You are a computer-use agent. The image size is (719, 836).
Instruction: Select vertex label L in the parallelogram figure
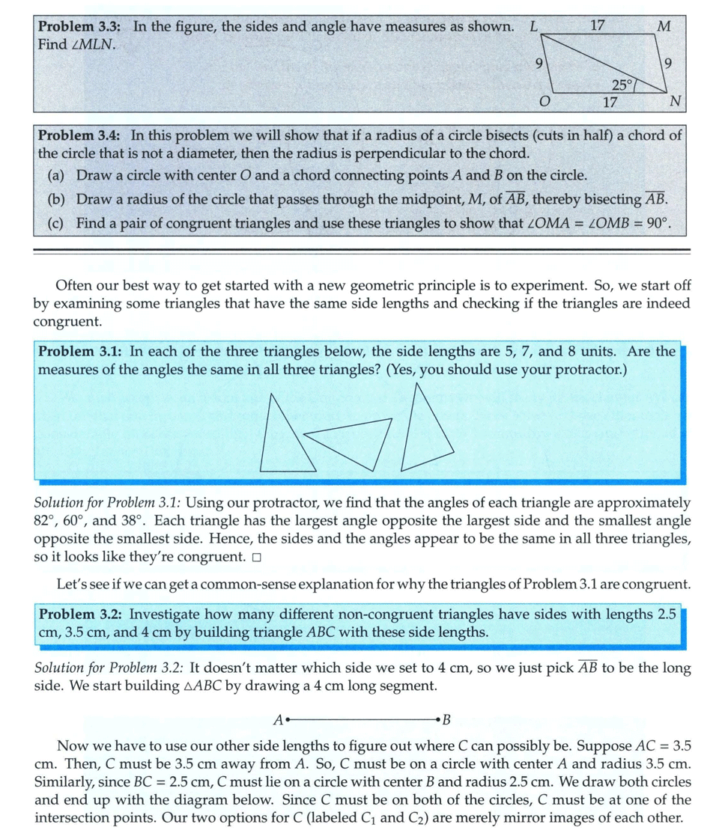pyautogui.click(x=533, y=25)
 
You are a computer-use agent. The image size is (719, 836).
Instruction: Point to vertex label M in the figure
pyautogui.click(x=663, y=26)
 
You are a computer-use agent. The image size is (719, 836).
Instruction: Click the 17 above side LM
pyautogui.click(x=597, y=25)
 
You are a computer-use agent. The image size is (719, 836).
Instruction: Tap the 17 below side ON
pyautogui.click(x=610, y=102)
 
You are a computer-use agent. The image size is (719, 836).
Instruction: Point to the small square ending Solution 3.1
pyautogui.click(x=257, y=557)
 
